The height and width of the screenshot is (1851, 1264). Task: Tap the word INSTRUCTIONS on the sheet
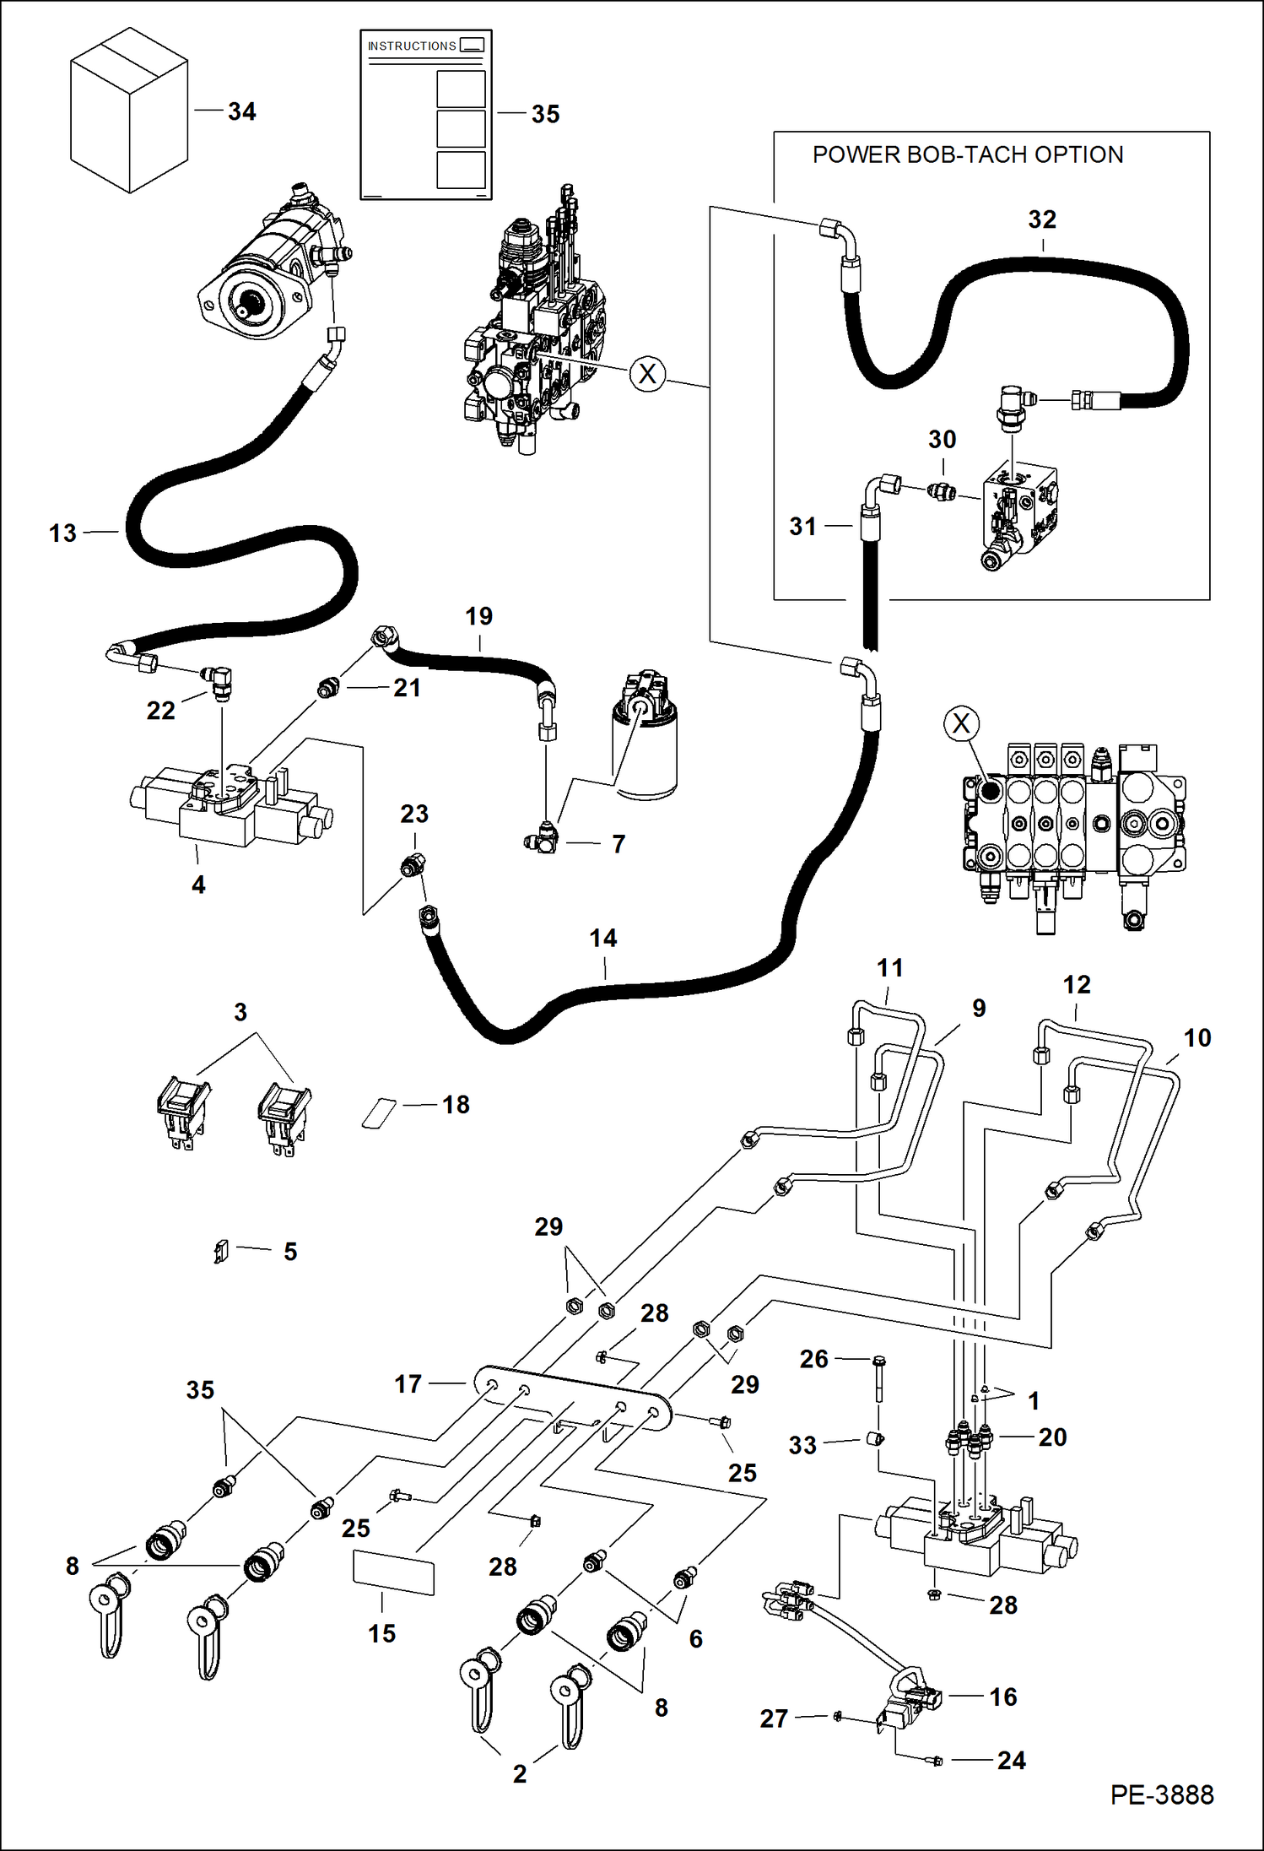point(412,46)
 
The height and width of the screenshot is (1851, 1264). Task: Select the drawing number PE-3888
point(1161,1794)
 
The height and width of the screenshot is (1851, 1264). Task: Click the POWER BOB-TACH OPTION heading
point(967,155)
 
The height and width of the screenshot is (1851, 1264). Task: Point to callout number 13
point(62,533)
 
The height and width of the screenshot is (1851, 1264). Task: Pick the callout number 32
point(1042,220)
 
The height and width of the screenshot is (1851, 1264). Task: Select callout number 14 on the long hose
point(602,939)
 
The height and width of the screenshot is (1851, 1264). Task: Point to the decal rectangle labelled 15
point(393,1575)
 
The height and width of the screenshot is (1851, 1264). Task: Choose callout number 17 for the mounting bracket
point(408,1384)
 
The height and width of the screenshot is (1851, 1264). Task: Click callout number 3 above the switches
point(240,1012)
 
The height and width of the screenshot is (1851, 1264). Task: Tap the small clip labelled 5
point(221,1250)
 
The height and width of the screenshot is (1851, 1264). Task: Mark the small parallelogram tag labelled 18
point(380,1112)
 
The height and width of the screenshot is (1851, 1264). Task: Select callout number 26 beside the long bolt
point(813,1359)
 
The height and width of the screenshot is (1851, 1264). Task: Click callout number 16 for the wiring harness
point(1002,1697)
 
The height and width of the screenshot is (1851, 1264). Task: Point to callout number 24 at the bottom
point(1011,1760)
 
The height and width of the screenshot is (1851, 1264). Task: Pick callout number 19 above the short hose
point(478,617)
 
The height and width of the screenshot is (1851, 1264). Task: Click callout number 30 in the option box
point(942,440)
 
